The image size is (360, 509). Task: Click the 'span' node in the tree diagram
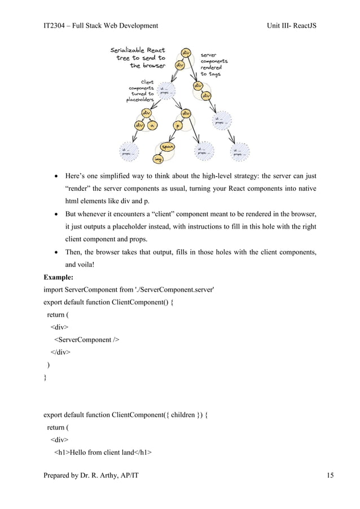(167, 147)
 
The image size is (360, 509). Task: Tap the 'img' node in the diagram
(159, 160)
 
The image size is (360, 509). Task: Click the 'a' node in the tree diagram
(151, 125)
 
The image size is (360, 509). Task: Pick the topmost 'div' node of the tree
(185, 52)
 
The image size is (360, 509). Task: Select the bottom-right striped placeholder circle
(241, 151)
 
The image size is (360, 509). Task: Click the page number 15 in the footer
(330, 476)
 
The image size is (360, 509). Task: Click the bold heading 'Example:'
(62, 278)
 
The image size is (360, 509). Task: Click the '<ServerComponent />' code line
(87, 340)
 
